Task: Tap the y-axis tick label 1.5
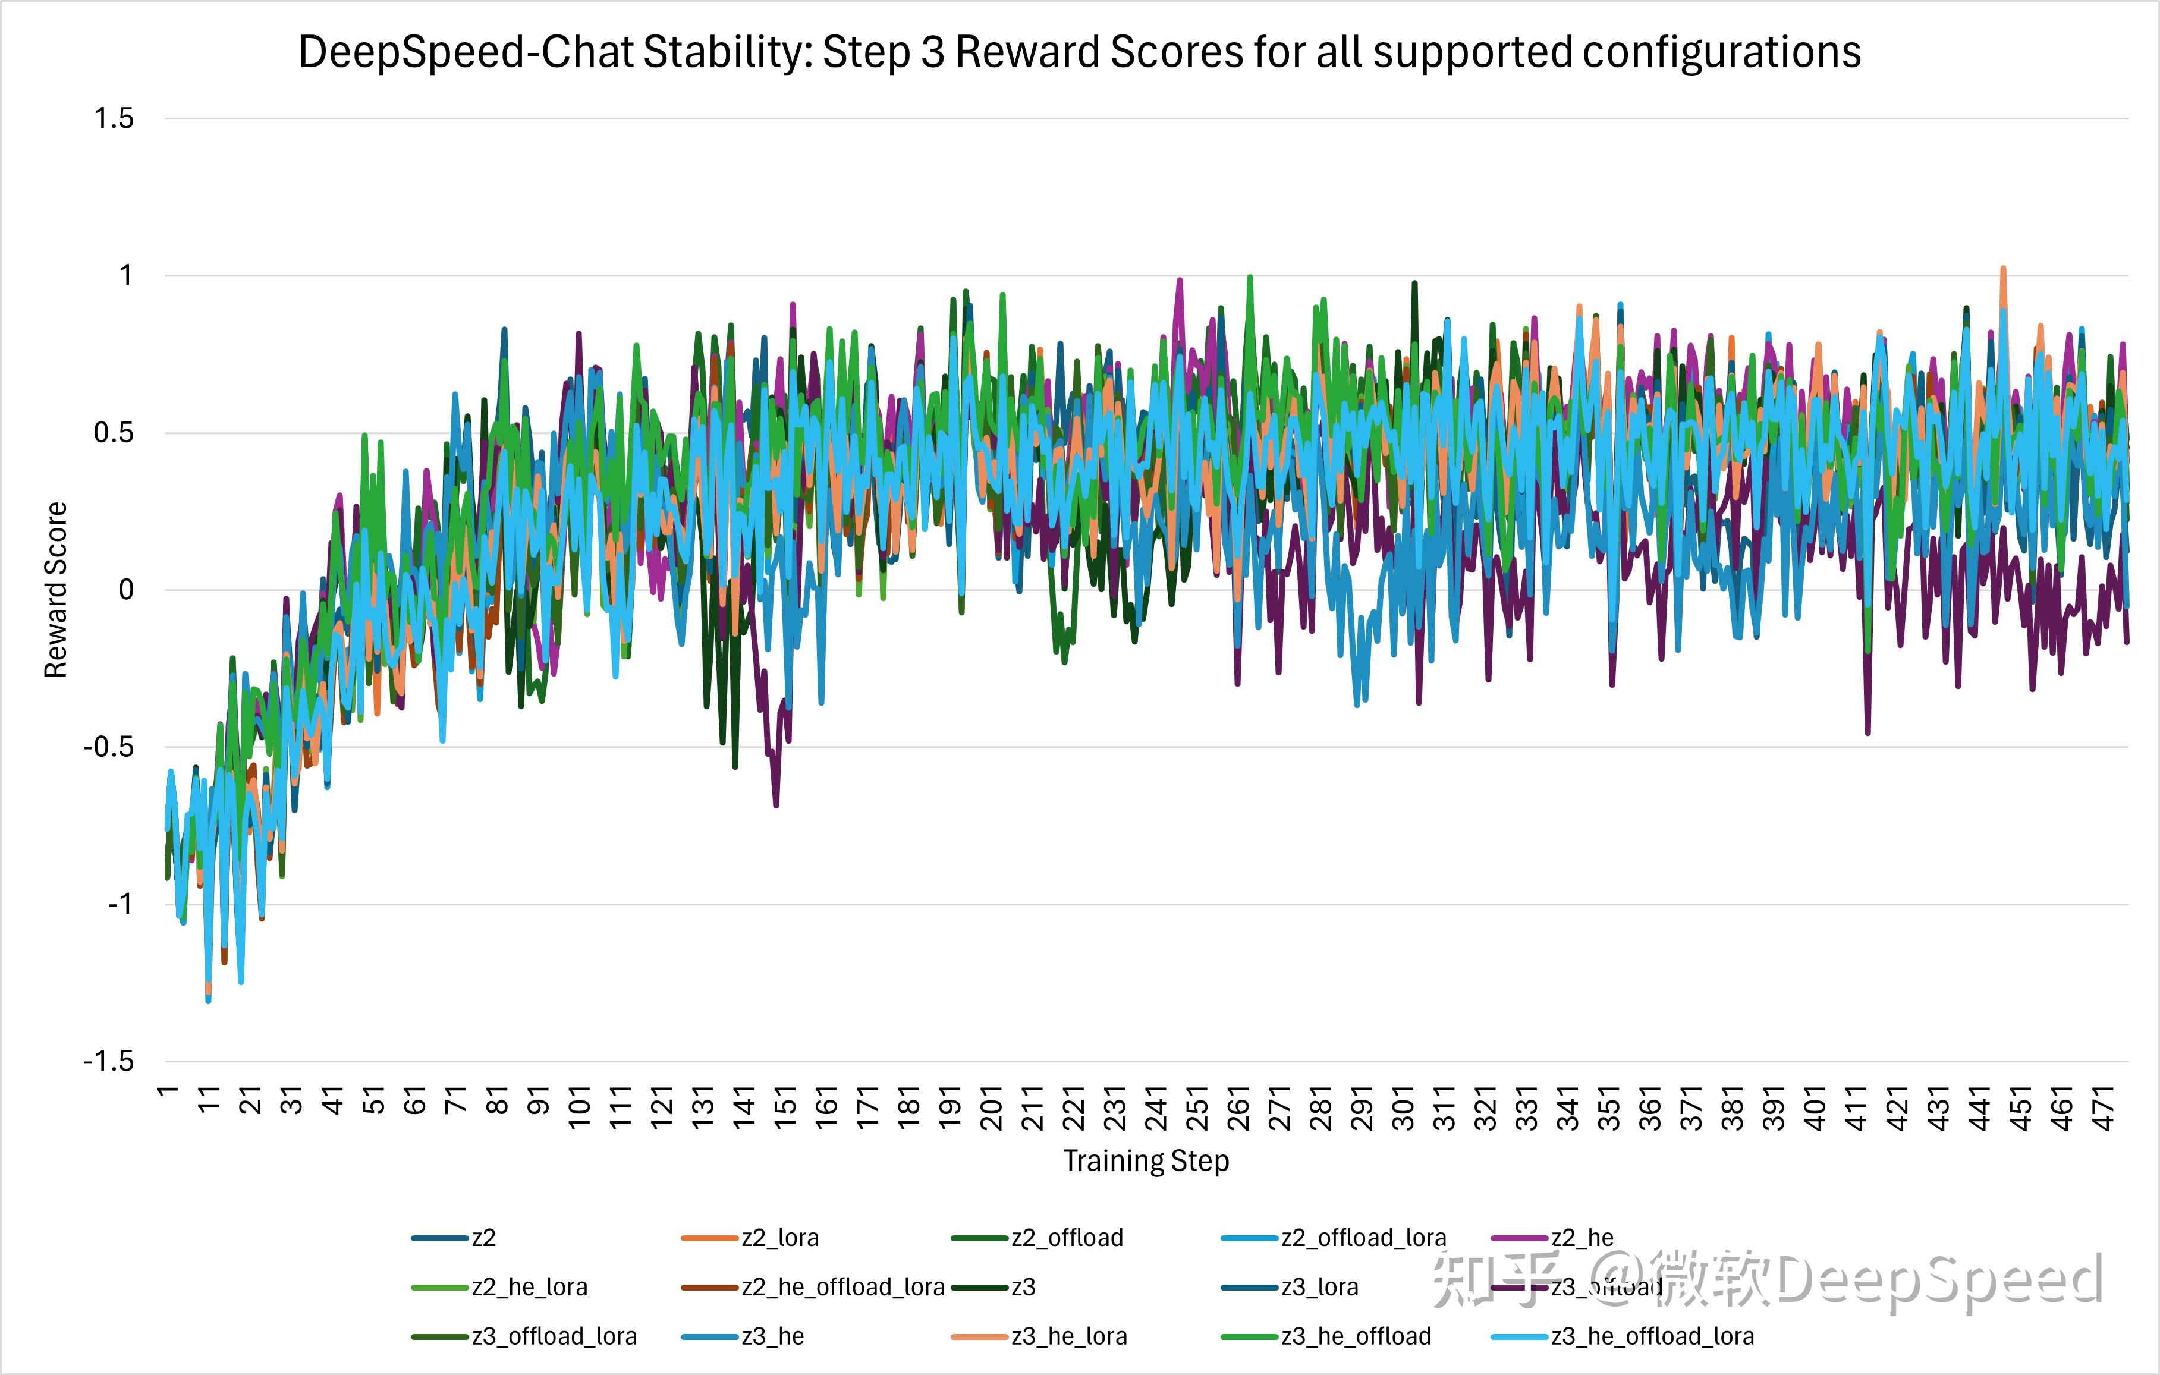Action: [x=114, y=118]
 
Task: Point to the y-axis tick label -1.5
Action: [x=109, y=1062]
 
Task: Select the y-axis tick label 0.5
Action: [x=114, y=433]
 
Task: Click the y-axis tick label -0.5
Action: [x=109, y=747]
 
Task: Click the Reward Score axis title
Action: [x=56, y=590]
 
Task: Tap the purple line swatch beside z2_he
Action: [x=1520, y=1238]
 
